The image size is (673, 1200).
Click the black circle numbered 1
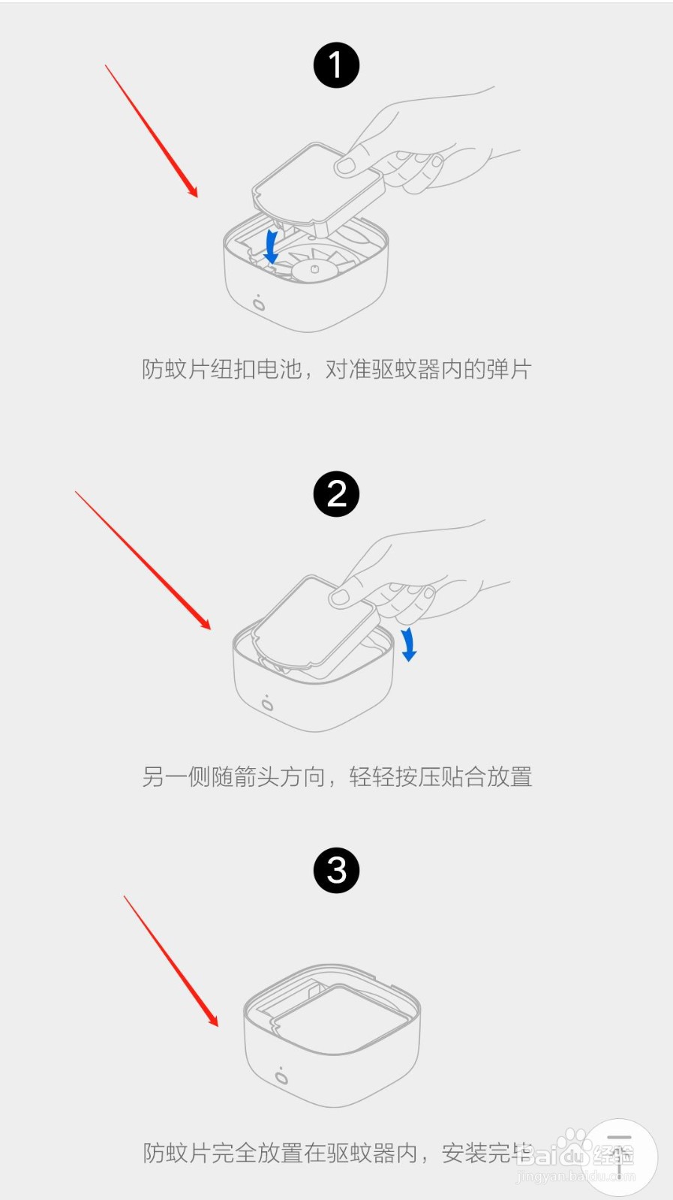click(x=336, y=65)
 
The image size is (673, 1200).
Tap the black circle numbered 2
click(x=336, y=493)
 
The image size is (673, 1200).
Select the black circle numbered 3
click(x=336, y=870)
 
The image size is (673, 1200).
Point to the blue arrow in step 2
click(x=408, y=644)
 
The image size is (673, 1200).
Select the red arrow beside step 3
click(x=171, y=961)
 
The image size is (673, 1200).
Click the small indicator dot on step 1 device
click(x=259, y=304)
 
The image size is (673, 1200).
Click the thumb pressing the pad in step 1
click(x=346, y=165)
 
